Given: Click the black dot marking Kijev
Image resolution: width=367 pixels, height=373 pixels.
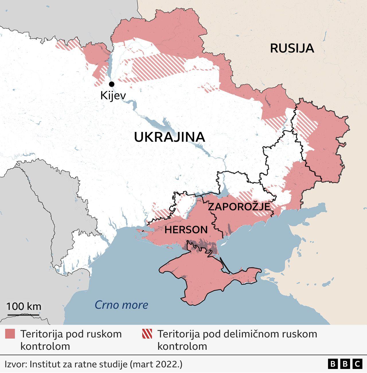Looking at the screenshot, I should pos(112,84).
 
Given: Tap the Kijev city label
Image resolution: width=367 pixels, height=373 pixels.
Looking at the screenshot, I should pos(113,95).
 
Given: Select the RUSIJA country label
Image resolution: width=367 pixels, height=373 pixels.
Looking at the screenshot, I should pos(292,48).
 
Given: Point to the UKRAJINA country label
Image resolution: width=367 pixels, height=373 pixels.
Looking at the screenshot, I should pos(169,137).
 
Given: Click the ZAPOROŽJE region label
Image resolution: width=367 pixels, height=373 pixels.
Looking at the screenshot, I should pos(239,207).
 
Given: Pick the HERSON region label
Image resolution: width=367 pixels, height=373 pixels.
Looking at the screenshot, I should pos(186,230).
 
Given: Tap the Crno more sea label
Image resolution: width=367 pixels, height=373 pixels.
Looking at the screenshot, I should pos(121,305).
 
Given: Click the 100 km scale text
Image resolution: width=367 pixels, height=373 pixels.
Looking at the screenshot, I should pos(24,306).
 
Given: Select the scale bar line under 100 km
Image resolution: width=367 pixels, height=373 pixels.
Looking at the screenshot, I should pos(23,315).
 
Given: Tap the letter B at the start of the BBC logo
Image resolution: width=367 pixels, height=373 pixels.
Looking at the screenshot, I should pos(333,364).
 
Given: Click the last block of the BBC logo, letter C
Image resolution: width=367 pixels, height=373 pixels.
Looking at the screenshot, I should pos(357,364).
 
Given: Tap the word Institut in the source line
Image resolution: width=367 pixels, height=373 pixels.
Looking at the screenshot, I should pos(46,364).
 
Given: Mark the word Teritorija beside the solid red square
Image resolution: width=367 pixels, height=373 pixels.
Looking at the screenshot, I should pos(42,334).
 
